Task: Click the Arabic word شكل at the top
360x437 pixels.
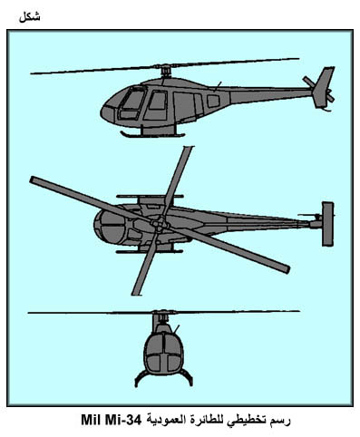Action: [x=29, y=17]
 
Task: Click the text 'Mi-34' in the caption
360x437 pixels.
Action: [x=123, y=421]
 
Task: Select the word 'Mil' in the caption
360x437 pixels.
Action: [x=91, y=421]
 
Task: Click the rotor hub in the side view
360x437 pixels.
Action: [x=165, y=71]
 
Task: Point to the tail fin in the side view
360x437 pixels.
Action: [x=324, y=87]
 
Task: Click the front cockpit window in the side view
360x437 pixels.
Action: [x=132, y=100]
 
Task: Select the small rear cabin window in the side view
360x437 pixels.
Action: [x=213, y=101]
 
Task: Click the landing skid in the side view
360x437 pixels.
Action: [x=152, y=134]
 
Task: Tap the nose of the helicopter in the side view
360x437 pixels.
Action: [x=103, y=112]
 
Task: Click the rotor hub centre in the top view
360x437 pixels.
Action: [x=159, y=224]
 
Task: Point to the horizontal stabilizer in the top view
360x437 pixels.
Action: [x=327, y=224]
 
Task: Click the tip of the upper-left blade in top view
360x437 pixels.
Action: [x=33, y=180]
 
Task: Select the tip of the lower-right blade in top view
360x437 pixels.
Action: [x=287, y=269]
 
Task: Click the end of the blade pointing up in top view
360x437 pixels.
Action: [x=188, y=148]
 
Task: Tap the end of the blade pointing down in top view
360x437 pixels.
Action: [x=137, y=294]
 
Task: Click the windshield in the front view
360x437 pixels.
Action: [x=164, y=352]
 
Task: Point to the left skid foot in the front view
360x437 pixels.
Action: [x=137, y=384]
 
